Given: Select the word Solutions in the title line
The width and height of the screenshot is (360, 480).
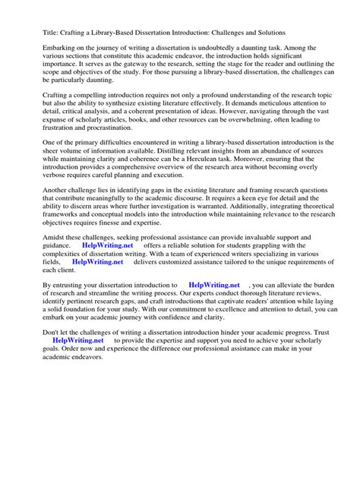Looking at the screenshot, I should click(265, 33).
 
